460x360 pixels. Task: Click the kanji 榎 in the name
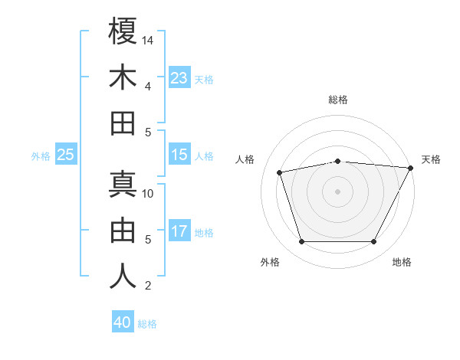pyautogui.click(x=123, y=31)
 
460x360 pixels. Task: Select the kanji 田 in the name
pyautogui.click(x=123, y=123)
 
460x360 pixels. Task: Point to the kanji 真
pyautogui.click(x=123, y=185)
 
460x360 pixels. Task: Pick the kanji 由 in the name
pyautogui.click(x=123, y=231)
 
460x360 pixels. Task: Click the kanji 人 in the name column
pyautogui.click(x=123, y=277)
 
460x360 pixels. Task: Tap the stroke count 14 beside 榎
pyautogui.click(x=149, y=40)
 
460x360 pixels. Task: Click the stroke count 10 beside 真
pyautogui.click(x=149, y=193)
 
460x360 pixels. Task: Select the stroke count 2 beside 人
pyautogui.click(x=147, y=286)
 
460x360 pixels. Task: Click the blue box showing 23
pyautogui.click(x=179, y=77)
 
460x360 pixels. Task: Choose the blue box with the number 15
pyautogui.click(x=179, y=155)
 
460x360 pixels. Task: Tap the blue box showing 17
pyautogui.click(x=179, y=231)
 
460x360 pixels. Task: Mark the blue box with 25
pyautogui.click(x=66, y=155)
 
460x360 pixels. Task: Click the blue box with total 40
pyautogui.click(x=123, y=322)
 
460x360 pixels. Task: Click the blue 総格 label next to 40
pyautogui.click(x=147, y=324)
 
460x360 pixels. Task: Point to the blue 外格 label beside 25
pyautogui.click(x=41, y=155)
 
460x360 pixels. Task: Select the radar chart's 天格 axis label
pyautogui.click(x=431, y=159)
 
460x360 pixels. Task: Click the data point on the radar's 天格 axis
pyautogui.click(x=411, y=168)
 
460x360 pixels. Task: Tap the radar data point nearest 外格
pyautogui.click(x=301, y=241)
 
